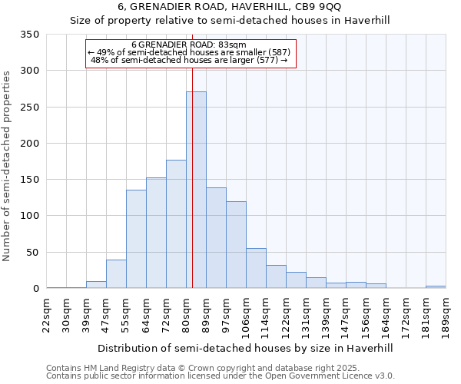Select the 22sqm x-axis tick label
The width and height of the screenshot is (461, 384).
pyautogui.click(x=47, y=313)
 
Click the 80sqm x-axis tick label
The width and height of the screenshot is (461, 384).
pyautogui.click(x=187, y=313)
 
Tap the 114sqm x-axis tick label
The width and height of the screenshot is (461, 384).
pyautogui.click(x=267, y=315)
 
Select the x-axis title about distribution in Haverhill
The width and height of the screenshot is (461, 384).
pyautogui.click(x=246, y=348)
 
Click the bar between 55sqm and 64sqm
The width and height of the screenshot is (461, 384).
pyautogui.click(x=136, y=239)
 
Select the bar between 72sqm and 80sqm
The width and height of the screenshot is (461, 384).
pyautogui.click(x=176, y=223)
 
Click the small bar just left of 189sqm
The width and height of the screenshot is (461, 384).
pyautogui.click(x=436, y=286)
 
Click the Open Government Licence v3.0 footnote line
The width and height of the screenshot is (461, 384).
pyautogui.click(x=221, y=376)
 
